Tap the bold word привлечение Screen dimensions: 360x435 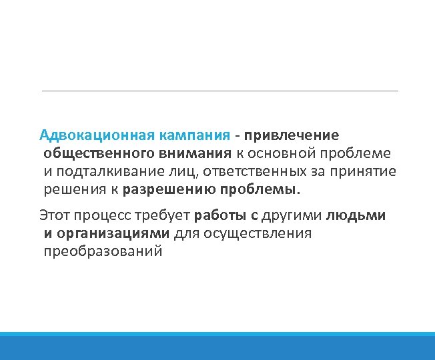coord(292,135)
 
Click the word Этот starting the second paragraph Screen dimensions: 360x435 coord(55,215)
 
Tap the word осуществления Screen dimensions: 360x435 coord(253,233)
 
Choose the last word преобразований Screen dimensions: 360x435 coord(103,251)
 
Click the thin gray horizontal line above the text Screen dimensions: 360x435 coord(220,91)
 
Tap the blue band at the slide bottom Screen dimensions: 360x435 coord(217,347)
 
